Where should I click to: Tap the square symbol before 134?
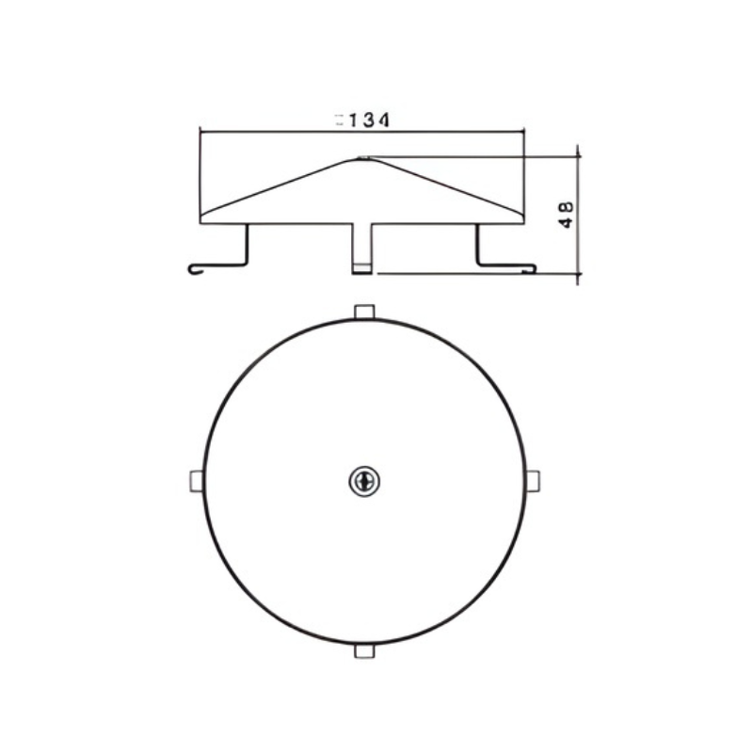coord(338,120)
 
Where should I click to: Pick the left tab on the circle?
coord(195,480)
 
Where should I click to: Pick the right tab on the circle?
coord(533,480)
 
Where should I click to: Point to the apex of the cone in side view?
coord(364,158)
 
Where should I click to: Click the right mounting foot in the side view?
coord(506,266)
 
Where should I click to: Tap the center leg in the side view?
coord(362,249)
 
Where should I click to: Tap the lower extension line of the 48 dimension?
coord(471,275)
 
